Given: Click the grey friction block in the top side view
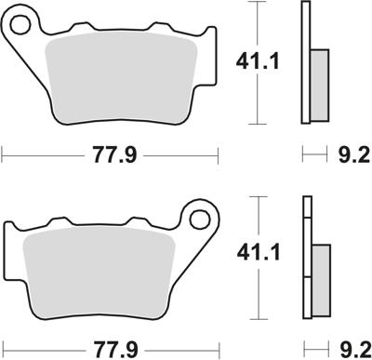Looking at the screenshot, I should coord(318,84).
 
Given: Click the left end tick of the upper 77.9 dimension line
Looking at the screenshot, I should coord(4,155).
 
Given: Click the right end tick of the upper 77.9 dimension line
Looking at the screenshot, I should coord(223,155).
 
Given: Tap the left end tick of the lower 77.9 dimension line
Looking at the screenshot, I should coord(4,350).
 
